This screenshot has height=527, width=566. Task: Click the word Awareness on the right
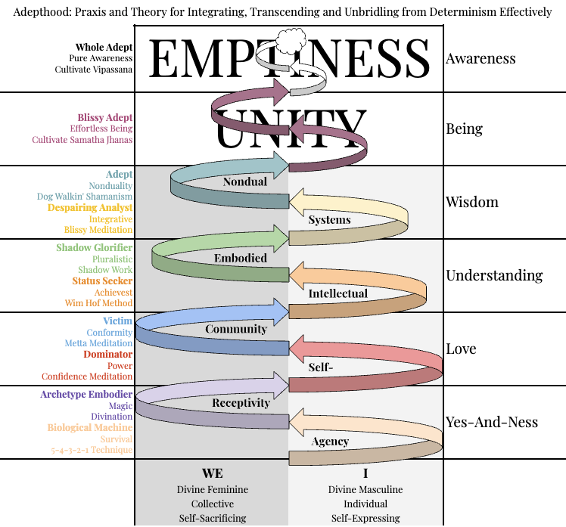[480, 59]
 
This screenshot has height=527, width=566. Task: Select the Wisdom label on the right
[472, 202]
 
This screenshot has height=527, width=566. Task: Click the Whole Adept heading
[104, 48]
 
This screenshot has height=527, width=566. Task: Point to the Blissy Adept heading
[104, 118]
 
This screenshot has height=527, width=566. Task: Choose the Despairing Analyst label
[90, 207]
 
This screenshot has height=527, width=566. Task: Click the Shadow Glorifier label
[94, 248]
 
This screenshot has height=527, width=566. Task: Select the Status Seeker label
[102, 281]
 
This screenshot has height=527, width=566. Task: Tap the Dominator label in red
[107, 354]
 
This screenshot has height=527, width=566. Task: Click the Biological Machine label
[90, 428]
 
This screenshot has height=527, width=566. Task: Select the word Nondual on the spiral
[245, 181]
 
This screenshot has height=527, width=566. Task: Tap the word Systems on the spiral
[329, 220]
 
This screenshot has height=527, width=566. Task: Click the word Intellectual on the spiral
[338, 293]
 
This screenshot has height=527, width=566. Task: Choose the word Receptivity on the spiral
[241, 403]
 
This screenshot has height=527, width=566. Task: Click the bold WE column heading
[212, 474]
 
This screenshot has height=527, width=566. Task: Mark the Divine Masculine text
[365, 489]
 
